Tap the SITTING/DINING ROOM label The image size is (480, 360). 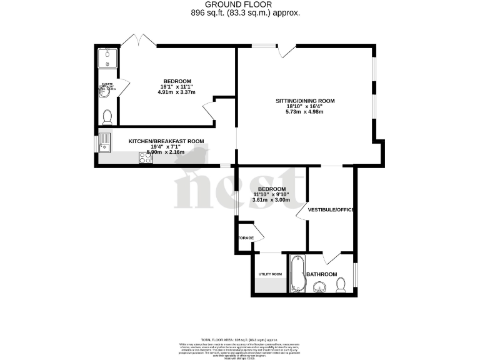(x=306, y=101)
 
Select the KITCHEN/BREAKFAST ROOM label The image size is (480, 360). (x=167, y=142)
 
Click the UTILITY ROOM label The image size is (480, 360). (x=271, y=274)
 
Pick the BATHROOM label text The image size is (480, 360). (x=322, y=274)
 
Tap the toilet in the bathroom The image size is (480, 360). (x=341, y=285)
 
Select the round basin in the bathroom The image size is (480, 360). (x=320, y=286)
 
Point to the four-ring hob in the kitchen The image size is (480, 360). (x=145, y=159)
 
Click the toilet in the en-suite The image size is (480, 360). (x=107, y=116)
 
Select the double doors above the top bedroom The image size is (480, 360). (x=138, y=40)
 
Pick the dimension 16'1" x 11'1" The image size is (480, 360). (x=177, y=87)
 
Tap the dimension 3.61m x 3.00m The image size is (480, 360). (x=272, y=201)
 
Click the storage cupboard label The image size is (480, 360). (x=244, y=238)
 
